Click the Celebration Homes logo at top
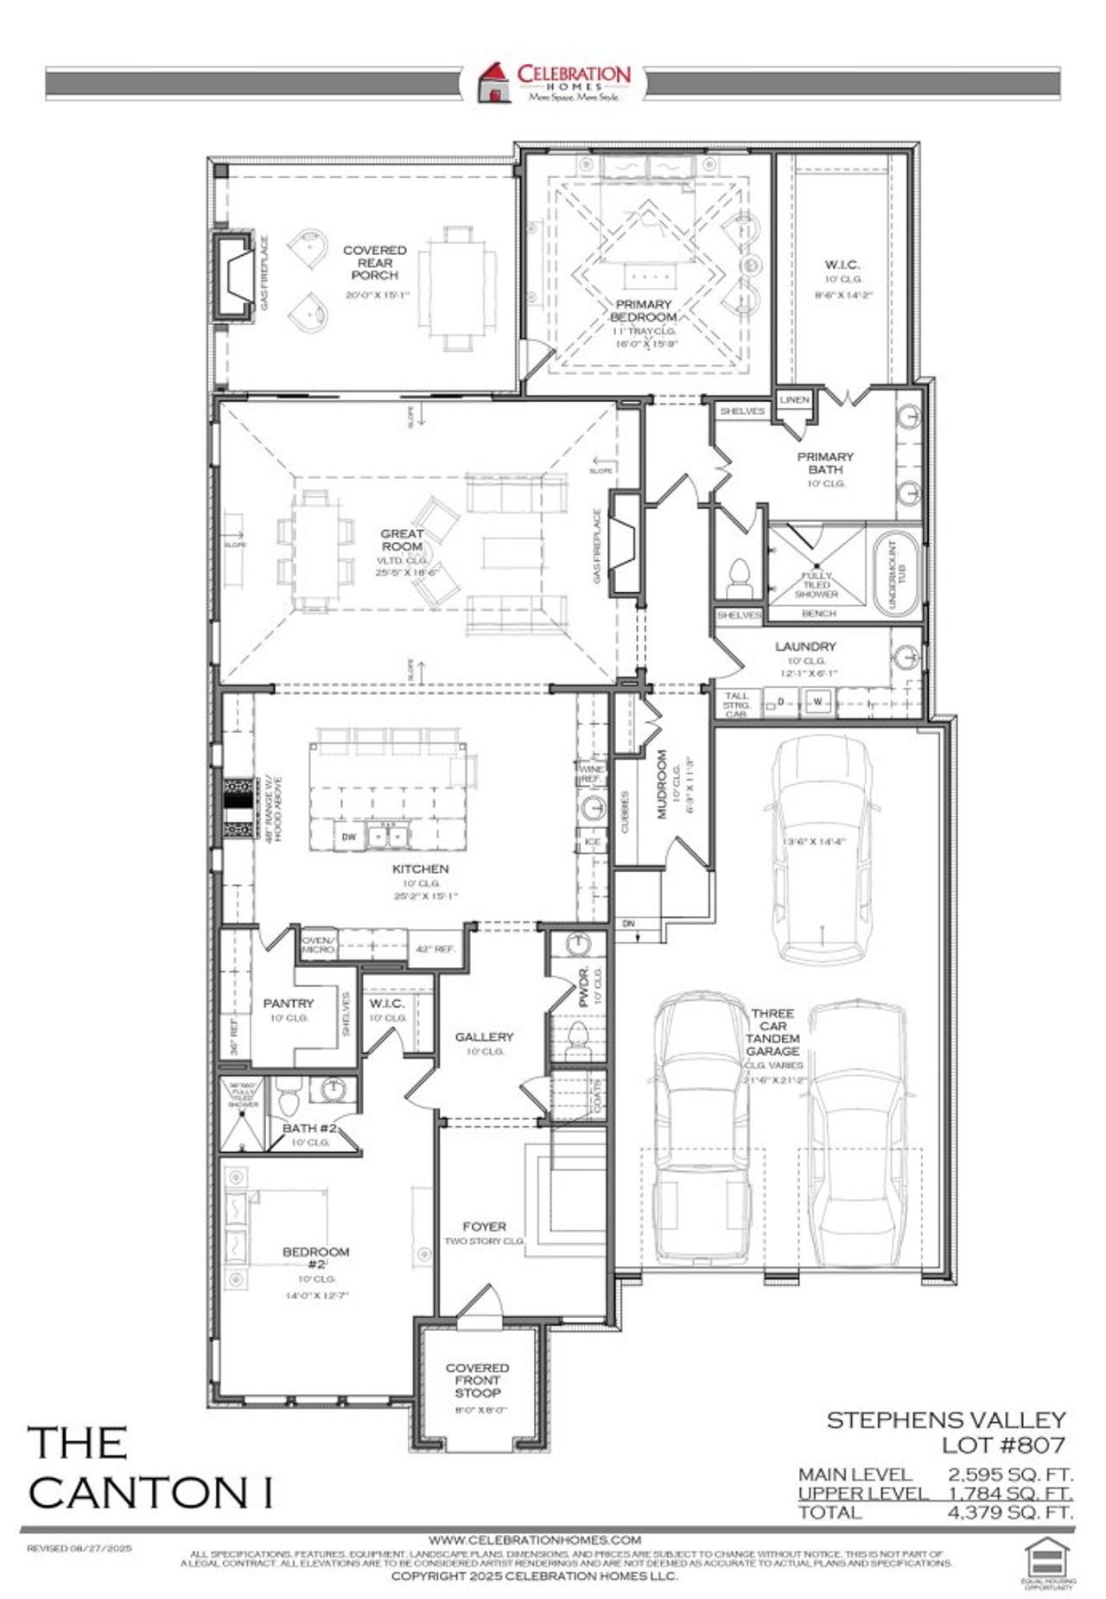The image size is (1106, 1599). pyautogui.click(x=553, y=82)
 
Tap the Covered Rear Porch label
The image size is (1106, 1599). pyautogui.click(x=374, y=263)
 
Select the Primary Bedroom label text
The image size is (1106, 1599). pyautogui.click(x=643, y=310)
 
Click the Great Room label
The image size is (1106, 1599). pyautogui.click(x=402, y=540)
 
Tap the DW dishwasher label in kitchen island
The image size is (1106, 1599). pyautogui.click(x=349, y=837)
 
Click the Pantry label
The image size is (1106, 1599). pyautogui.click(x=288, y=1003)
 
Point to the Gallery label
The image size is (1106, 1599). pyautogui.click(x=484, y=1036)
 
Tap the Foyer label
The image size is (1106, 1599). pyautogui.click(x=484, y=1226)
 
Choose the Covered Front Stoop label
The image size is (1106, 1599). pyautogui.click(x=477, y=1380)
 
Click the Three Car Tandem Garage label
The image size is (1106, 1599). pyautogui.click(x=772, y=1032)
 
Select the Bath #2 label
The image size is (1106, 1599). pyautogui.click(x=308, y=1129)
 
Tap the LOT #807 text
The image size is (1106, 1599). pyautogui.click(x=1003, y=1444)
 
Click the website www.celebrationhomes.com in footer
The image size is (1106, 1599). pyautogui.click(x=535, y=1540)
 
